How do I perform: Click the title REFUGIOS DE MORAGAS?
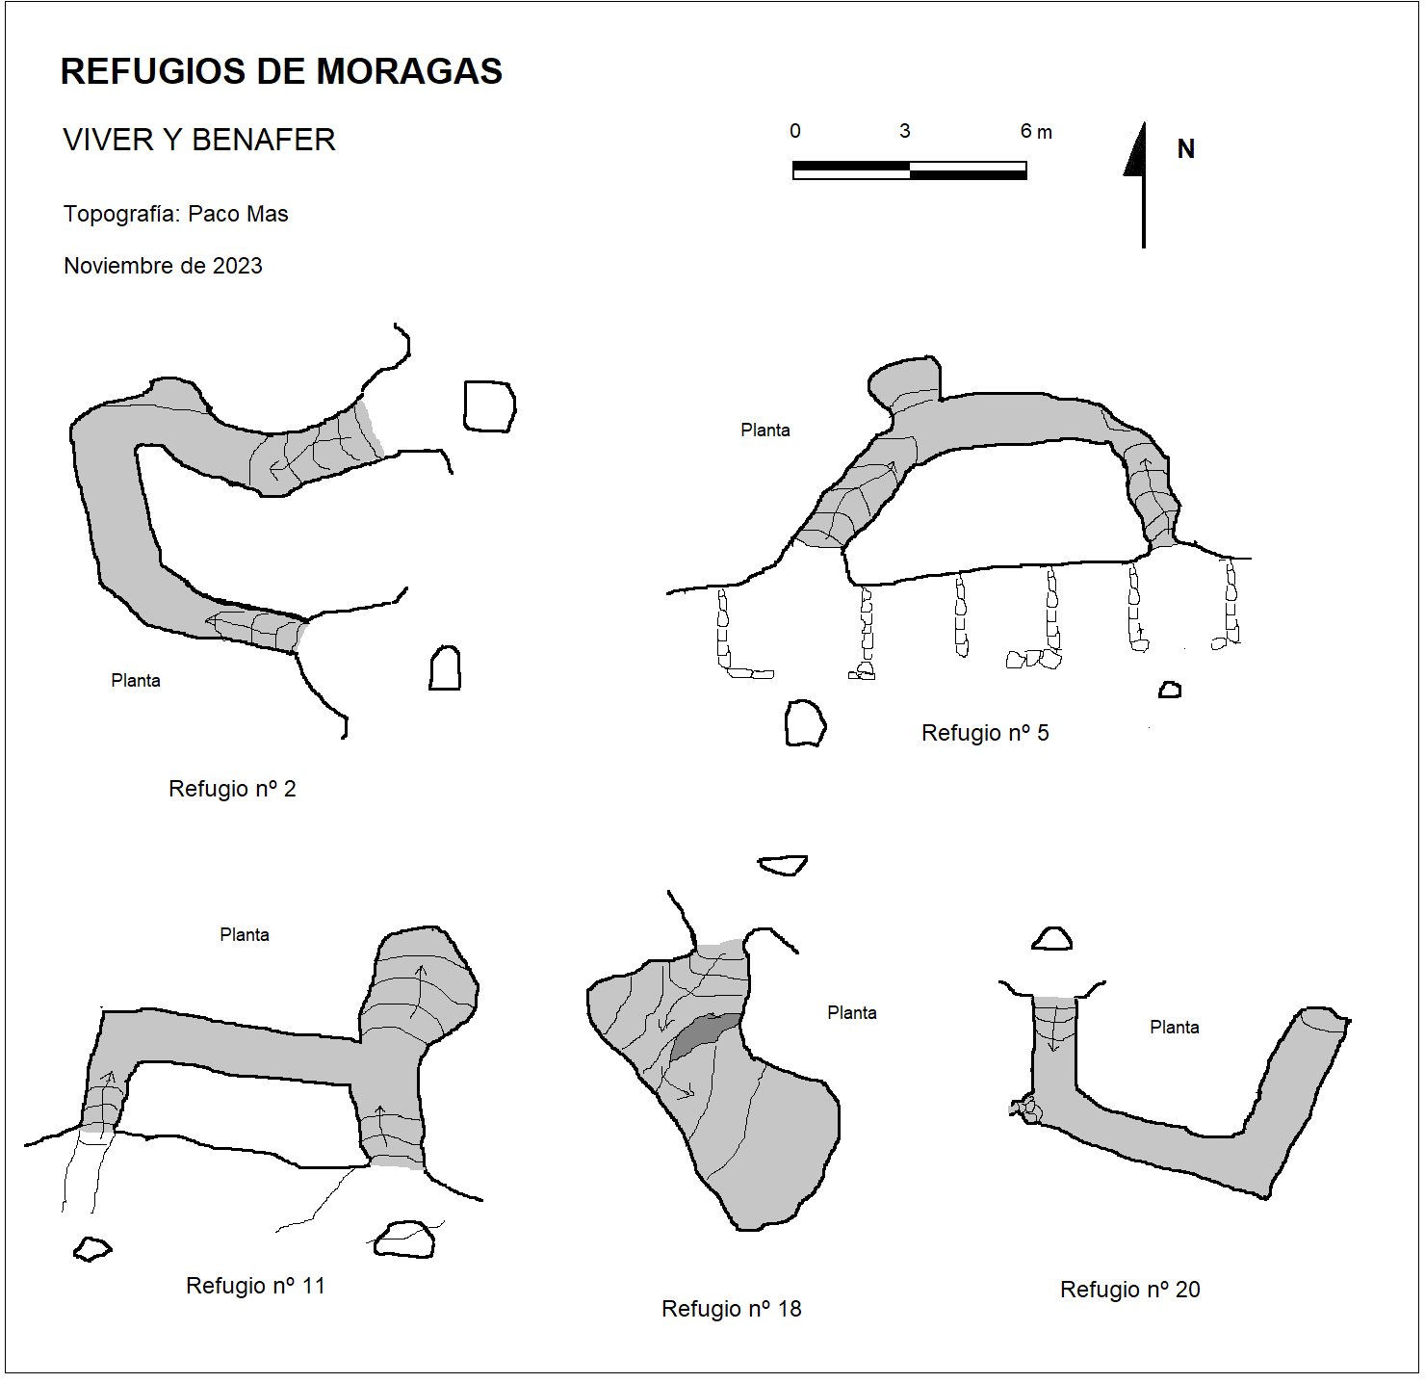[x=281, y=72]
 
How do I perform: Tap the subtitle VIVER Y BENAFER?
[x=199, y=140]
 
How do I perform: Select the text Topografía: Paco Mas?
[x=176, y=214]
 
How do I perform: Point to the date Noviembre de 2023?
[x=163, y=265]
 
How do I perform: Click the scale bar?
[x=910, y=170]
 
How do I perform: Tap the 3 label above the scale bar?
[x=905, y=131]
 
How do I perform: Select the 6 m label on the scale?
[x=1035, y=132]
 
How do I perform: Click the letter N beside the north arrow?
[x=1185, y=148]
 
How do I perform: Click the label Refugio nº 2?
[x=232, y=789]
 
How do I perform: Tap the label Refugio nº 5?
[x=985, y=733]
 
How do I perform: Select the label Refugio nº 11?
[x=255, y=1286]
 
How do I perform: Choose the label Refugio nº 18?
[x=731, y=1308]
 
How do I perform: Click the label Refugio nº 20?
[x=1130, y=1290]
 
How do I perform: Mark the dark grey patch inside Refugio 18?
[x=705, y=1034]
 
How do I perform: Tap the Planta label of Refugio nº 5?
[x=765, y=430]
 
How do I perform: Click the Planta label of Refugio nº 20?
[x=1175, y=1027]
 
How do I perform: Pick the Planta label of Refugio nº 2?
[x=136, y=681]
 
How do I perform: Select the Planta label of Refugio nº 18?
[x=852, y=1012]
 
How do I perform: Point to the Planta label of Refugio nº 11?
[x=244, y=935]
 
